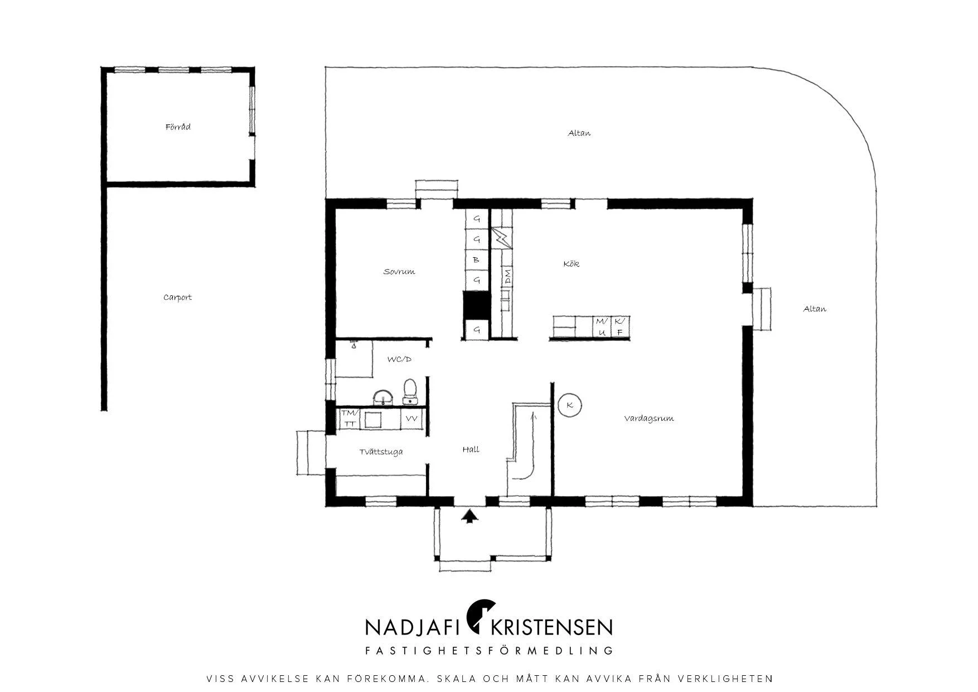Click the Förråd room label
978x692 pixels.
point(178,127)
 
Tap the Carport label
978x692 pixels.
point(177,297)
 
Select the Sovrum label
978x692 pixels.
point(399,272)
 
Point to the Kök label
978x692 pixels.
point(572,263)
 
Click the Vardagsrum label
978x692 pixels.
point(649,418)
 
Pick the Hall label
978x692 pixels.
point(471,449)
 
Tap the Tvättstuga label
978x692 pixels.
point(381,452)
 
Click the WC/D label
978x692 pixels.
point(399,359)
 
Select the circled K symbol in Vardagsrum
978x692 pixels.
point(570,405)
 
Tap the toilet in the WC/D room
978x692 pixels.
point(411,391)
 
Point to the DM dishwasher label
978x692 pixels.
point(507,277)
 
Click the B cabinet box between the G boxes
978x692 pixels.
point(477,259)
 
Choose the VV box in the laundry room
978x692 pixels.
point(411,419)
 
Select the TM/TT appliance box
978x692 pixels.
point(350,419)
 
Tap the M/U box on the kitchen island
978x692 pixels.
point(602,326)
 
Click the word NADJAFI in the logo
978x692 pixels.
point(412,627)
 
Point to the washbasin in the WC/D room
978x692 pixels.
point(383,397)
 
